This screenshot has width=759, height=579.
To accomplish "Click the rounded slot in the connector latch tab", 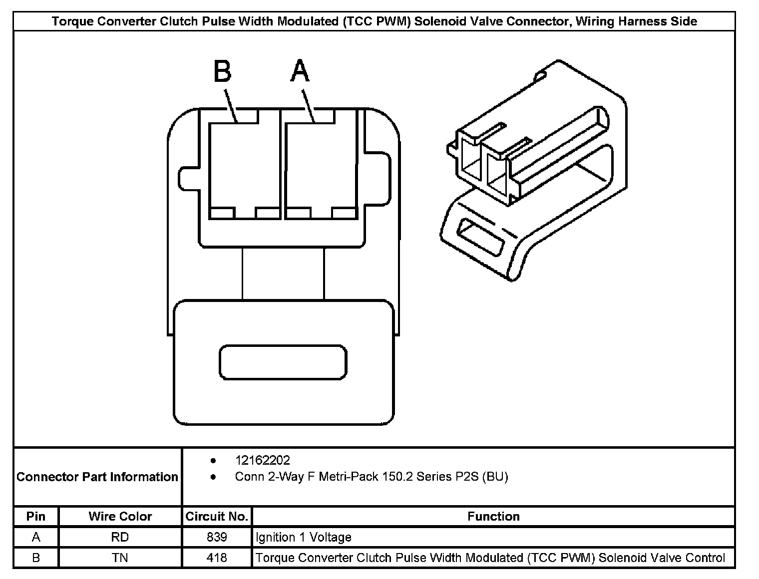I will click(x=283, y=362).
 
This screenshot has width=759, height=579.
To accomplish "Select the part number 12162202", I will click(x=262, y=460).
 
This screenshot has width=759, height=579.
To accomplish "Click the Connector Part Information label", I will click(x=97, y=477).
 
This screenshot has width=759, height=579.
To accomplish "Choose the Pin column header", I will click(x=36, y=516).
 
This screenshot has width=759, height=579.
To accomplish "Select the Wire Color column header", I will click(x=120, y=516).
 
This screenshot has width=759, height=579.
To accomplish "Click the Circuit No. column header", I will click(x=217, y=516).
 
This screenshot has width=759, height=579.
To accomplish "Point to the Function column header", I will click(x=493, y=516).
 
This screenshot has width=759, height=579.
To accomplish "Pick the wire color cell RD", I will click(x=120, y=537).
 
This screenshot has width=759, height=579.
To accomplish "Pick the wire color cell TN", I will click(x=120, y=558).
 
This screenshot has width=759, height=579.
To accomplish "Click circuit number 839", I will click(x=217, y=537).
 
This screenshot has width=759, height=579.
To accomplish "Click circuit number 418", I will click(x=217, y=558).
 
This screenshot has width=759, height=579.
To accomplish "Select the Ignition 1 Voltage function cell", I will click(x=304, y=537).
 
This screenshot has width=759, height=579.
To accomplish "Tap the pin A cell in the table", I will click(x=36, y=537).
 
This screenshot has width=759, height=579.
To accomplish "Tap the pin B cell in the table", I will click(x=36, y=558).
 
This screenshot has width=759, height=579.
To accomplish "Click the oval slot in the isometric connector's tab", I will click(x=480, y=237).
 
